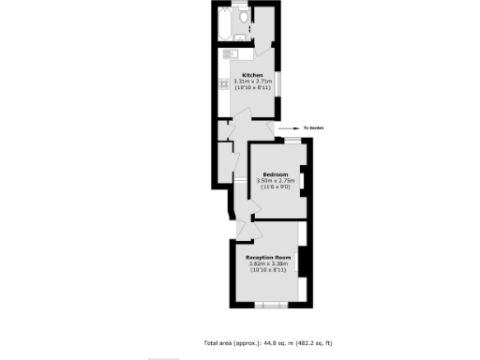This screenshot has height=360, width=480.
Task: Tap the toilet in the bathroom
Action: [x=244, y=17]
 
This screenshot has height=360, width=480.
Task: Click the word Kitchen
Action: [x=252, y=75]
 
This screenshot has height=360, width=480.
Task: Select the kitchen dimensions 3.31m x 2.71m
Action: [x=252, y=82]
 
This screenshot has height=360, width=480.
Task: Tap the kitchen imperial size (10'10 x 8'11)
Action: [x=252, y=88]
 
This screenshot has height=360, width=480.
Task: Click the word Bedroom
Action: [x=275, y=174]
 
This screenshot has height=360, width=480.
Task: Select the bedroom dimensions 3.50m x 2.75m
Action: [x=275, y=181]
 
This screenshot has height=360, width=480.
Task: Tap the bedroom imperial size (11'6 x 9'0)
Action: [x=275, y=187]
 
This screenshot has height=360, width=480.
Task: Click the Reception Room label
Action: [x=268, y=257]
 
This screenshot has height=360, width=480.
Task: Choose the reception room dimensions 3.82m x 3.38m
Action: [x=268, y=263]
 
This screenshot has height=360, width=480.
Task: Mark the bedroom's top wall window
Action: [x=293, y=140]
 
